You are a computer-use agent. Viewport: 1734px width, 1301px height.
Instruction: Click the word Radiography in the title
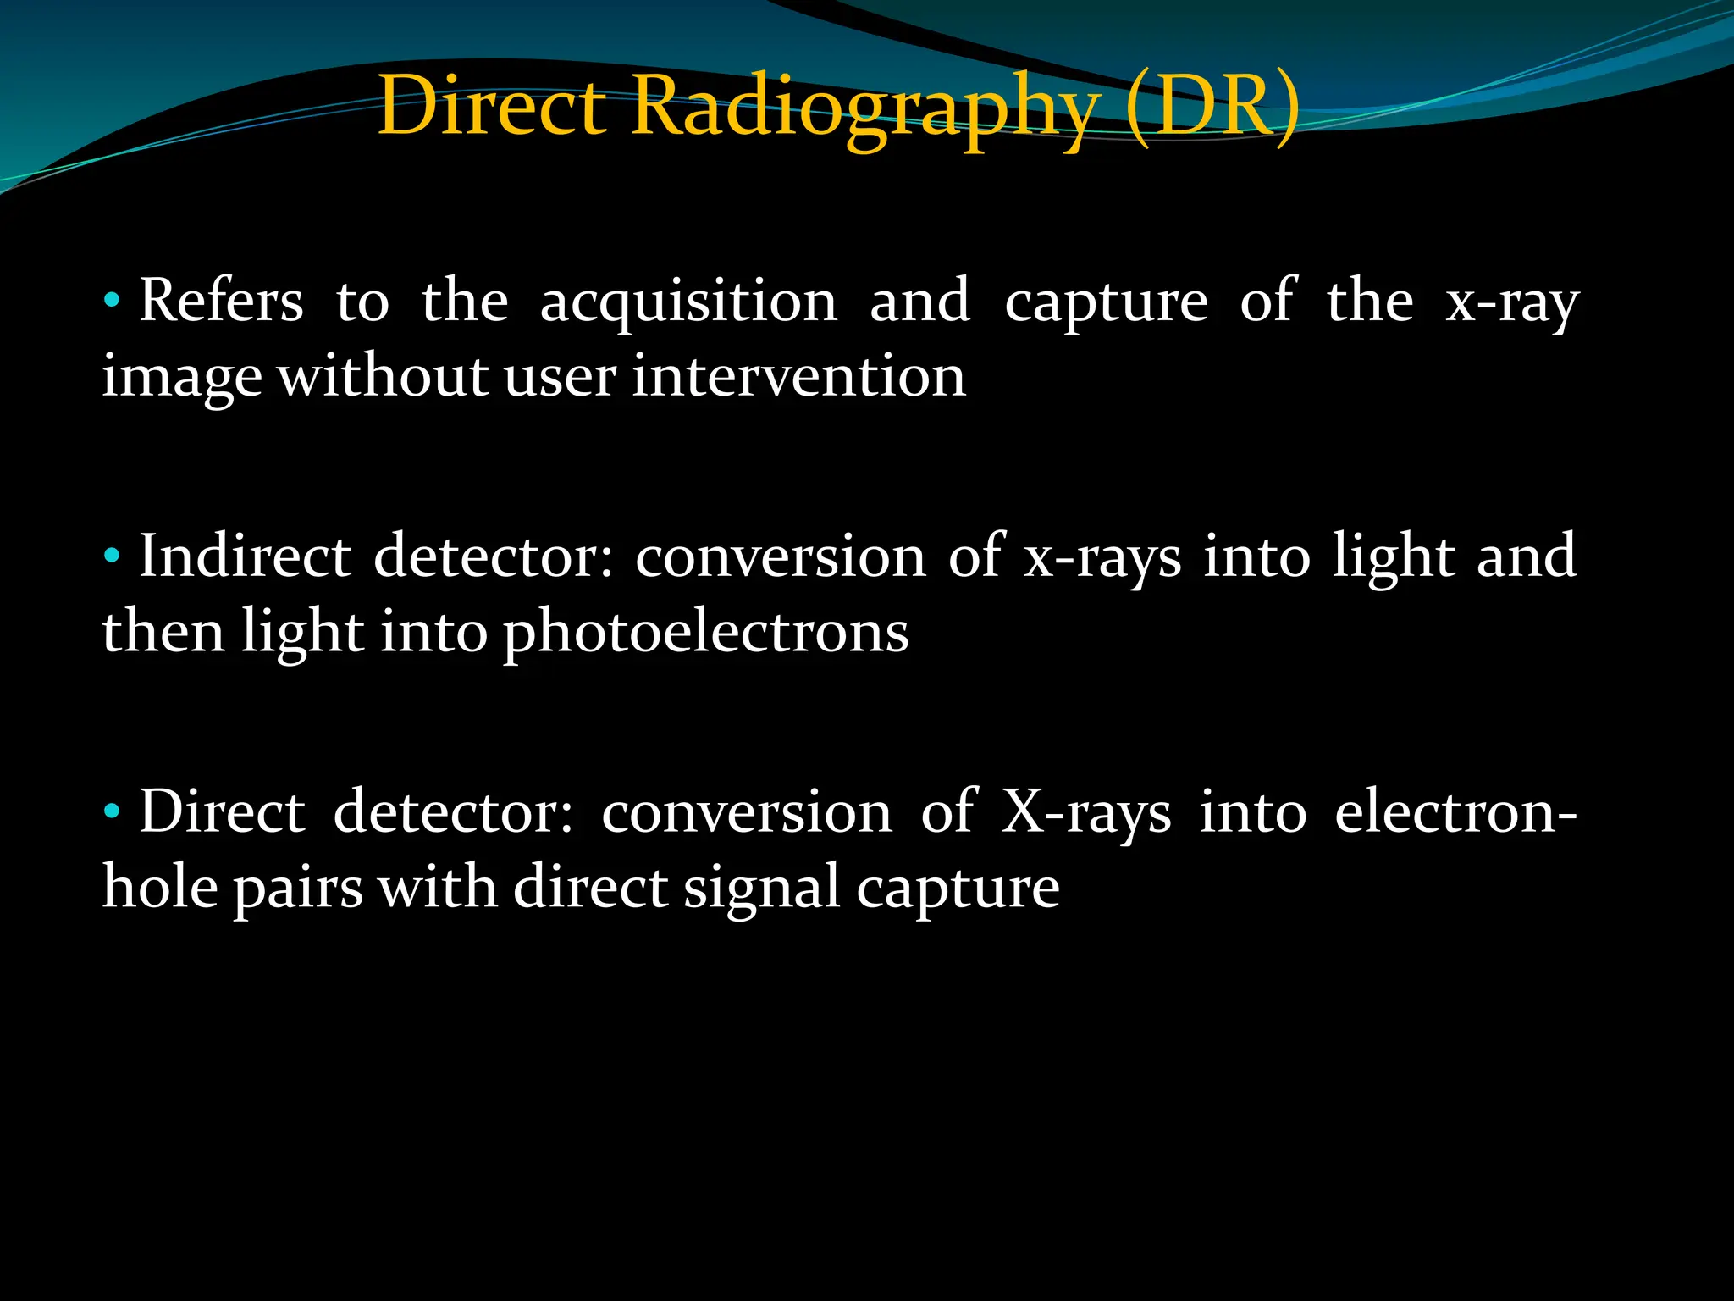click(x=864, y=108)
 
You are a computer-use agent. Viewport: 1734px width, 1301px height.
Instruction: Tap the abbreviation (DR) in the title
click(x=1212, y=108)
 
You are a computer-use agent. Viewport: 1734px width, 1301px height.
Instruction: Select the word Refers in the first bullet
click(x=221, y=301)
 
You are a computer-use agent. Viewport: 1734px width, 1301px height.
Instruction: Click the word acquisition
click(x=688, y=302)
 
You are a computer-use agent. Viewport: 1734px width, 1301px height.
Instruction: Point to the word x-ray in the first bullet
click(x=1512, y=302)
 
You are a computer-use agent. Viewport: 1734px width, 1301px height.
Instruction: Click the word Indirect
click(x=245, y=556)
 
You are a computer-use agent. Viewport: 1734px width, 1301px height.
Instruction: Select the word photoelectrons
click(x=705, y=634)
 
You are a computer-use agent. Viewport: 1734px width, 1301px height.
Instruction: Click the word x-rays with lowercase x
click(x=1102, y=558)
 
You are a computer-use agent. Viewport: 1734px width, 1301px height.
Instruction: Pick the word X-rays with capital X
click(x=1086, y=813)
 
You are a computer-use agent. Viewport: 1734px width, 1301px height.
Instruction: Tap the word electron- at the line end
click(x=1455, y=813)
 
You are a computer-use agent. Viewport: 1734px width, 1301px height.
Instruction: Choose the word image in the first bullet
click(x=181, y=378)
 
